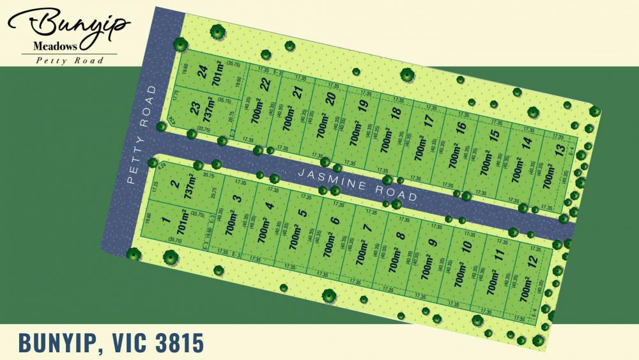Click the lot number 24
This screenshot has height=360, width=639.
coord(203,73)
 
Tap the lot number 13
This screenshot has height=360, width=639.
coord(560,150)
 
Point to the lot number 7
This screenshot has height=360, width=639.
coord(367,227)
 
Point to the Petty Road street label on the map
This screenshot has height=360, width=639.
coord(141,136)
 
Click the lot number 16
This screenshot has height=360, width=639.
coord(460,129)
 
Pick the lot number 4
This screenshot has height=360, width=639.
coord(269,207)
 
